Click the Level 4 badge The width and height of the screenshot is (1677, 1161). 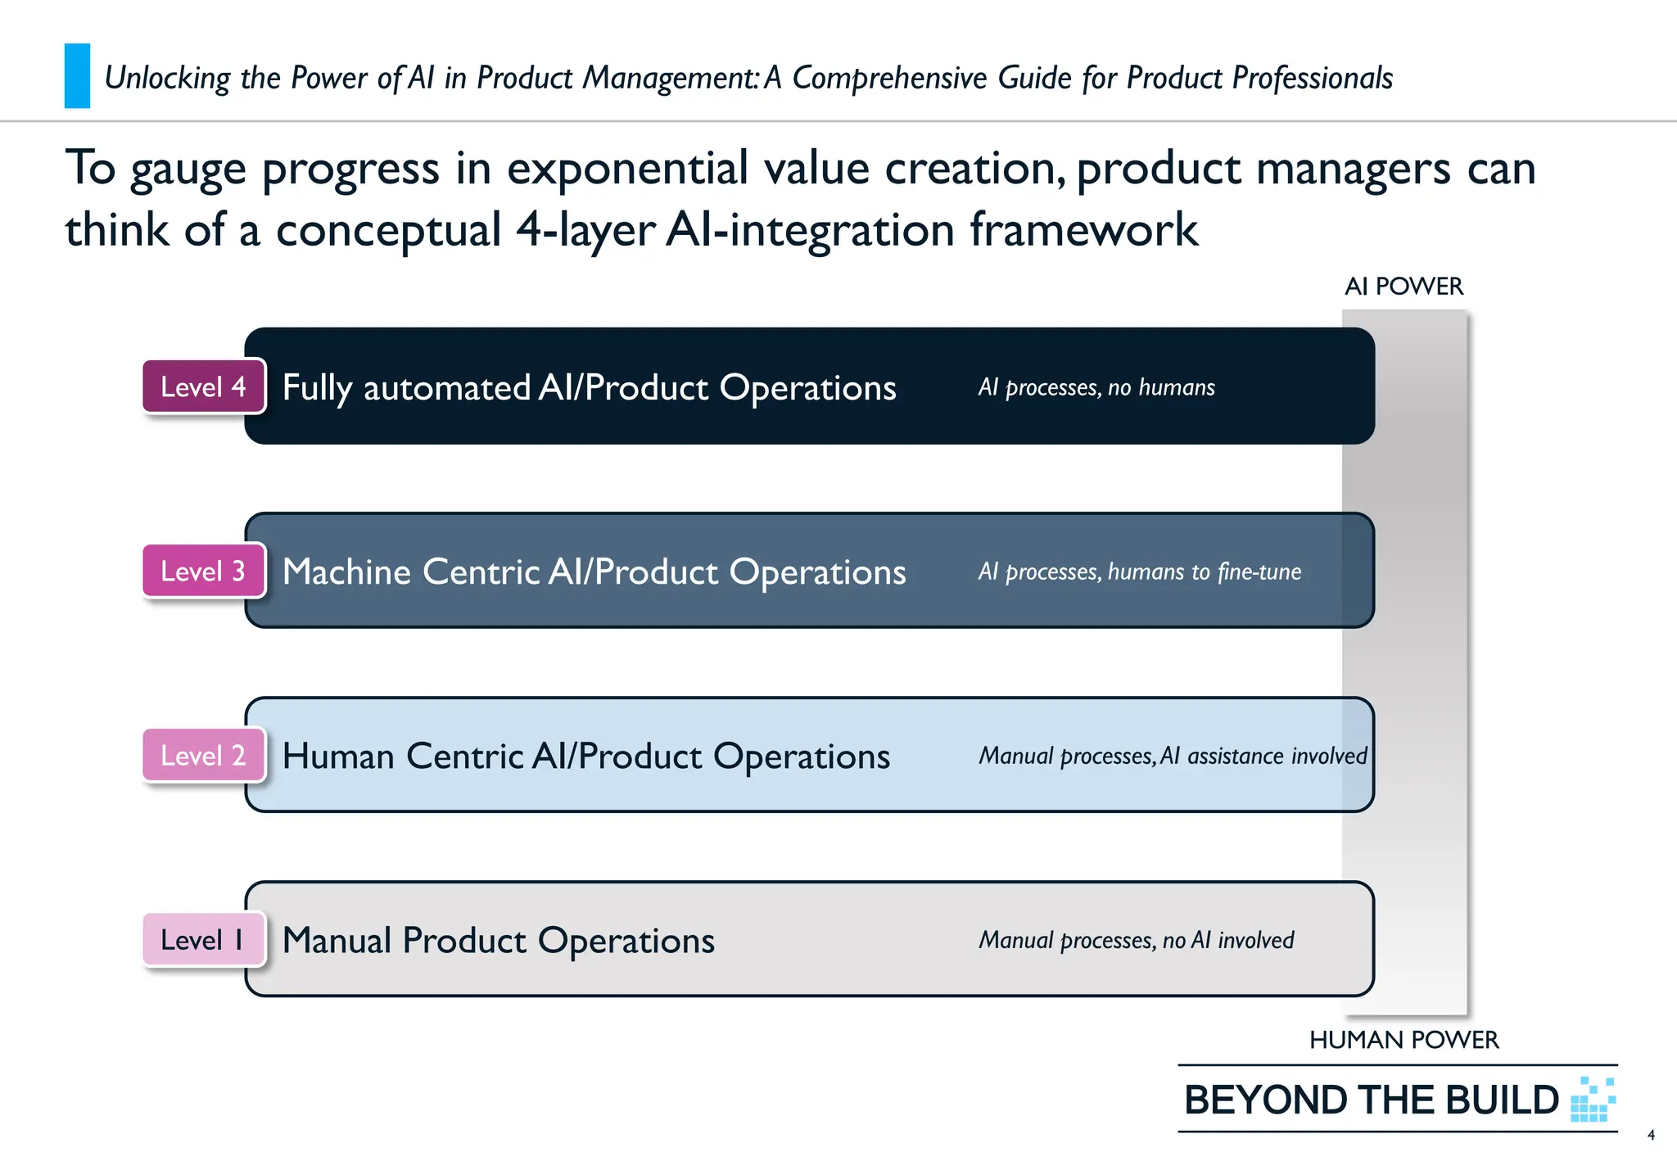pyautogui.click(x=203, y=386)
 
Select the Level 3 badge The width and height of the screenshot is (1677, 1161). pyautogui.click(x=203, y=571)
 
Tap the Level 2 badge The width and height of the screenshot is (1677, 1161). pyautogui.click(x=203, y=755)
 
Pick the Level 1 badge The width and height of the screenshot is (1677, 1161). pyautogui.click(x=203, y=939)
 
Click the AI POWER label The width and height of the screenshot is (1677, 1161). pyautogui.click(x=1404, y=287)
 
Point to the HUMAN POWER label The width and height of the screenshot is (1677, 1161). pyautogui.click(x=1404, y=1040)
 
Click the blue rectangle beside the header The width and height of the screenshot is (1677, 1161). pyautogui.click(x=77, y=76)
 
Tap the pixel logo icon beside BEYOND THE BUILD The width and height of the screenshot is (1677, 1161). pyautogui.click(x=1593, y=1100)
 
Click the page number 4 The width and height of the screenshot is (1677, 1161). pyautogui.click(x=1651, y=1135)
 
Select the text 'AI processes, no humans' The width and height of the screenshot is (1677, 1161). pyautogui.click(x=1096, y=387)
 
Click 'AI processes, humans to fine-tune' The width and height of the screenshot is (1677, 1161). pyautogui.click(x=1139, y=571)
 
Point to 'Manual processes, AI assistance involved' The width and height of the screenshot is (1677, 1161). pyautogui.click(x=1173, y=756)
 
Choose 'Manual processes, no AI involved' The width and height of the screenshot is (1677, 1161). pyautogui.click(x=1137, y=940)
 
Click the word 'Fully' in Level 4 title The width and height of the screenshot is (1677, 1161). pyautogui.click(x=317, y=388)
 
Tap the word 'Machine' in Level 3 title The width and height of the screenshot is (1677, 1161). pyautogui.click(x=346, y=571)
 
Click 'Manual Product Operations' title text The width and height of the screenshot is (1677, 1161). pyautogui.click(x=498, y=940)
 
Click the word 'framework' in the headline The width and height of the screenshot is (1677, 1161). pyautogui.click(x=1083, y=229)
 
